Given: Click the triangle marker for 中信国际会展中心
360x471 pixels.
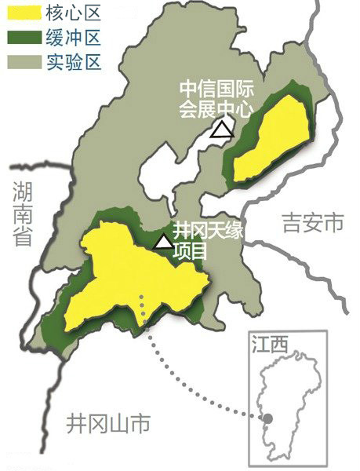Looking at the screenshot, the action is click(224, 130).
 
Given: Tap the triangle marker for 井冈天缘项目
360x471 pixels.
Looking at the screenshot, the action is click(163, 242).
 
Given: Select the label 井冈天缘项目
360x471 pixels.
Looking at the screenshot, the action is click(202, 241).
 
